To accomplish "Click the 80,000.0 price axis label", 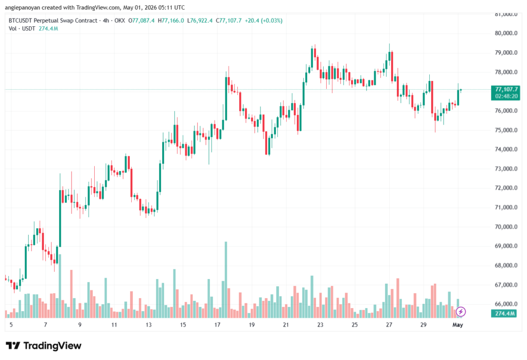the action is pyautogui.click(x=506, y=33).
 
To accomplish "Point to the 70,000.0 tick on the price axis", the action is pyautogui.click(x=506, y=227).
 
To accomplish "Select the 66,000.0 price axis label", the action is pyautogui.click(x=506, y=304).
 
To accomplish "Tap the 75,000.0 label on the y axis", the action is pyautogui.click(x=506, y=130).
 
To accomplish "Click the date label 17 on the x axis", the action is pyautogui.click(x=218, y=325).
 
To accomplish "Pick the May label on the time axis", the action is pyautogui.click(x=458, y=325).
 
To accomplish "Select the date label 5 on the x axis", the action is pyautogui.click(x=11, y=325).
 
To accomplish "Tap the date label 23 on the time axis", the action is pyautogui.click(x=320, y=325).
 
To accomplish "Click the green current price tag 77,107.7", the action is pyautogui.click(x=506, y=89).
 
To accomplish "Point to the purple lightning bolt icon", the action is pyautogui.click(x=461, y=312).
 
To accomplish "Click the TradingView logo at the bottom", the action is pyautogui.click(x=44, y=346).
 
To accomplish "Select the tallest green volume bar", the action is pyautogui.click(x=226, y=280).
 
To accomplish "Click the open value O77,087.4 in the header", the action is pyautogui.click(x=142, y=21).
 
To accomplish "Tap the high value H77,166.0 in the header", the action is pyautogui.click(x=171, y=21).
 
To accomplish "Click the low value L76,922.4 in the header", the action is pyautogui.click(x=200, y=21).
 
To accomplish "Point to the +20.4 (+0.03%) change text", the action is pyautogui.click(x=263, y=21).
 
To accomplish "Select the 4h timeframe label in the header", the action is pyautogui.click(x=106, y=21).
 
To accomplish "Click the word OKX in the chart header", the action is pyautogui.click(x=119, y=21).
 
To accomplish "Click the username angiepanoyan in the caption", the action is pyautogui.click(x=23, y=7).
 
